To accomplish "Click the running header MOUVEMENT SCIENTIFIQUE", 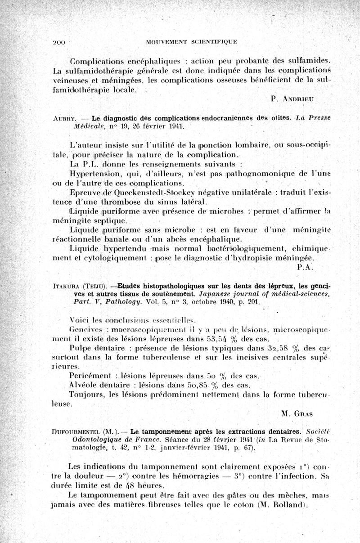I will coord(192,42).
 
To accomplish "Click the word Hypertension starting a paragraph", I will coord(92,172).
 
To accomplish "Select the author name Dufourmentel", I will coord(73,433).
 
